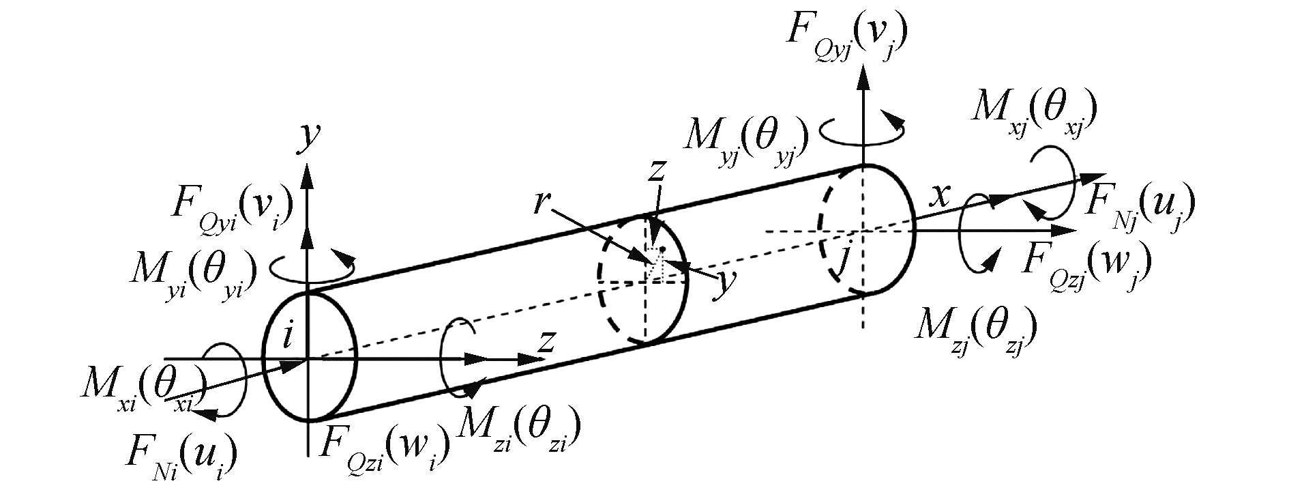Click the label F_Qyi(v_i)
(232, 203)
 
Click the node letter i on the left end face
(287, 336)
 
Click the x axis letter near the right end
(940, 196)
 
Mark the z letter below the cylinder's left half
(544, 341)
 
